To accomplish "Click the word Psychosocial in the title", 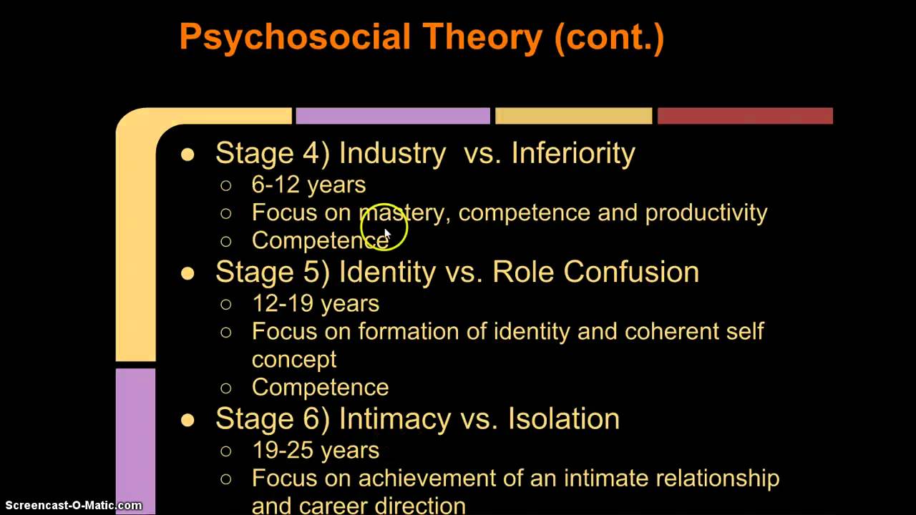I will (x=295, y=37).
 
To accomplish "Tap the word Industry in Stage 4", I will (x=392, y=153).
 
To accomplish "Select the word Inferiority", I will (x=572, y=153).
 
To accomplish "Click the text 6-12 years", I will (x=308, y=185).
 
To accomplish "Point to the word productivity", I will (x=706, y=212).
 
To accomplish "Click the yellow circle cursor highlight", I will (x=384, y=227).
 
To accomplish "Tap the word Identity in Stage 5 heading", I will (x=386, y=272).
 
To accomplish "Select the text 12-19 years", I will (x=315, y=303).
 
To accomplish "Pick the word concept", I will (x=293, y=359).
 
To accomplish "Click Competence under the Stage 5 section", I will (x=320, y=387).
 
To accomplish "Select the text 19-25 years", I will (x=315, y=450).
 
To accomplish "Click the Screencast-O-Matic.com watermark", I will (x=72, y=506).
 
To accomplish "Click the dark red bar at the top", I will (x=744, y=116).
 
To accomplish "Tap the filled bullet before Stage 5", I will (x=187, y=273).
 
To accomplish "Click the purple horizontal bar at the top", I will (x=392, y=116).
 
